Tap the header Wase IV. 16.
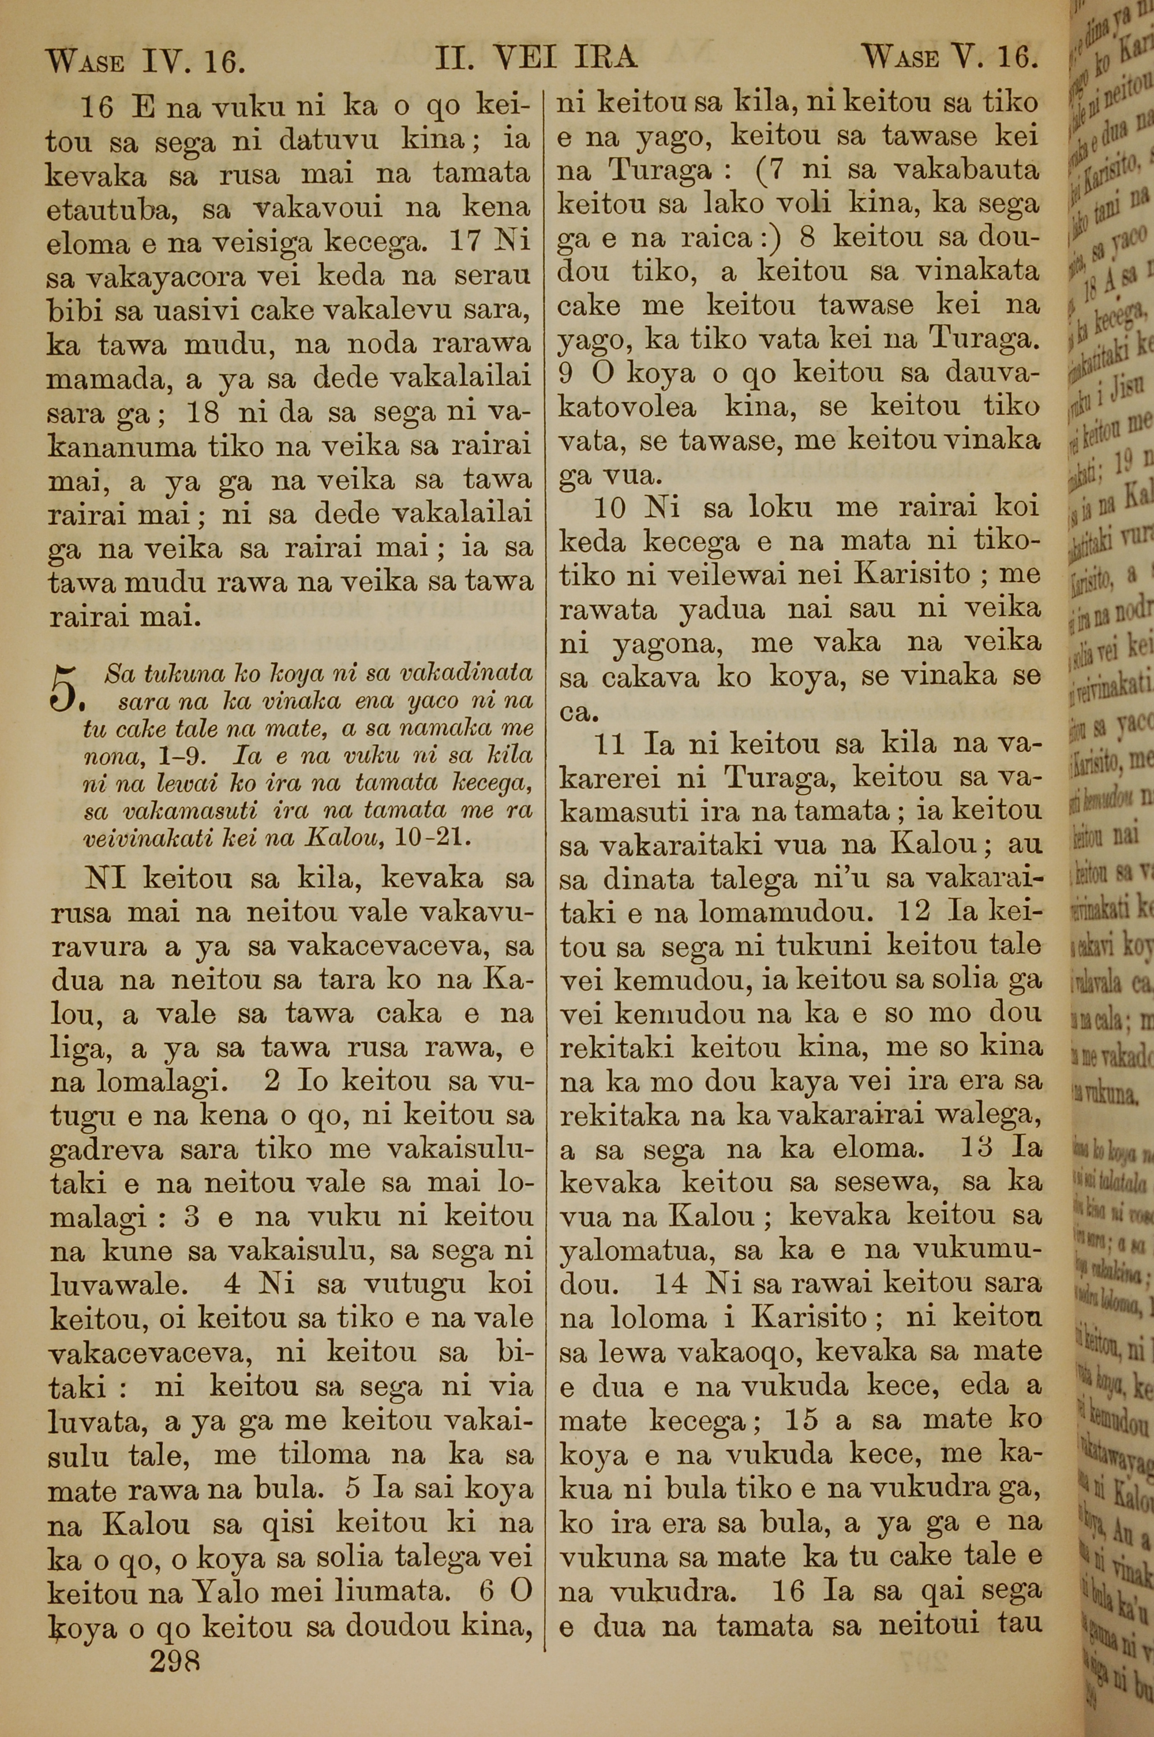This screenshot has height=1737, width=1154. coord(145,61)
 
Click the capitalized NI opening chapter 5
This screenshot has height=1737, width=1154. coord(109,878)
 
